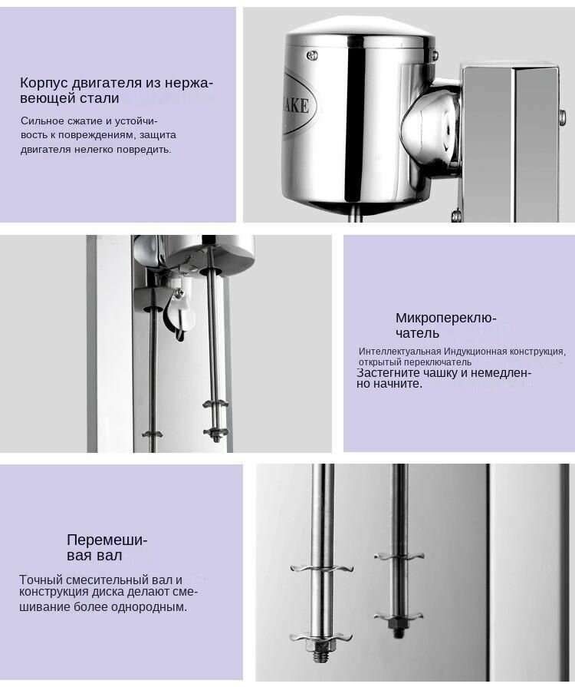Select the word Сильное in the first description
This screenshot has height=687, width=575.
pyautogui.click(x=39, y=121)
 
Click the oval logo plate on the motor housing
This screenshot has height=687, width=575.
pyautogui.click(x=298, y=105)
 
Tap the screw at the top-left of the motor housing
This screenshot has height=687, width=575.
pyautogui.click(x=311, y=54)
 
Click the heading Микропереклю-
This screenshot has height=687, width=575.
pyautogui.click(x=446, y=318)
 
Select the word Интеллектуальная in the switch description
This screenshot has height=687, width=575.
pyautogui.click(x=400, y=352)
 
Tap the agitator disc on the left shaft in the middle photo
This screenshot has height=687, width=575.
pyautogui.click(x=152, y=434)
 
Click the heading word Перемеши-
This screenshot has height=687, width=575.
pyautogui.click(x=107, y=540)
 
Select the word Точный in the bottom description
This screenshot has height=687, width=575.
pyautogui.click(x=38, y=580)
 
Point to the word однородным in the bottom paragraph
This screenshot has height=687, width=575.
pyautogui.click(x=149, y=607)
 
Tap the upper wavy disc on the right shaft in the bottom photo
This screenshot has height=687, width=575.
pyautogui.click(x=399, y=557)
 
